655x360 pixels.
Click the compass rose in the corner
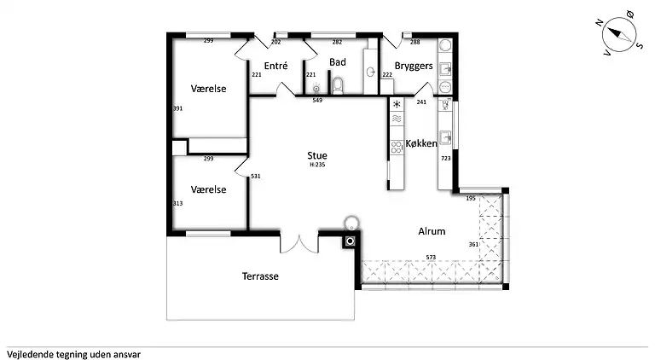point(618,34)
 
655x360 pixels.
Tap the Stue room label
point(317,155)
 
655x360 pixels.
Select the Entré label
point(275,66)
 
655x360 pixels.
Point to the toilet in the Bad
point(338,85)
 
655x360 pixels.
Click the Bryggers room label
point(414,66)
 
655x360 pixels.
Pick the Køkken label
point(421,143)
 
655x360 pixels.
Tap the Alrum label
point(432,231)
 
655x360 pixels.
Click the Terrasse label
point(260,276)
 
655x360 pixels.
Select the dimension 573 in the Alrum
point(431,258)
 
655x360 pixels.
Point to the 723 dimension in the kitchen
point(446,159)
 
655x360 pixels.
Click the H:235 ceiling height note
point(317,165)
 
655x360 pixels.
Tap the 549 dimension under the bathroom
point(317,100)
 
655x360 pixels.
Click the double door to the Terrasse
point(299,243)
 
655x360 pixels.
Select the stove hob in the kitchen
point(397,148)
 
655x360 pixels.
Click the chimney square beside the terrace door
point(350,241)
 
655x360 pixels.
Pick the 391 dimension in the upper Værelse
point(178,108)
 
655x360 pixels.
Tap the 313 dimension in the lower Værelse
point(178,203)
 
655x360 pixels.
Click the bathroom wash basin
point(370,72)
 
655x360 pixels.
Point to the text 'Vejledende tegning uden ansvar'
point(74,355)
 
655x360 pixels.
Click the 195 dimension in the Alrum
point(471,199)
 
